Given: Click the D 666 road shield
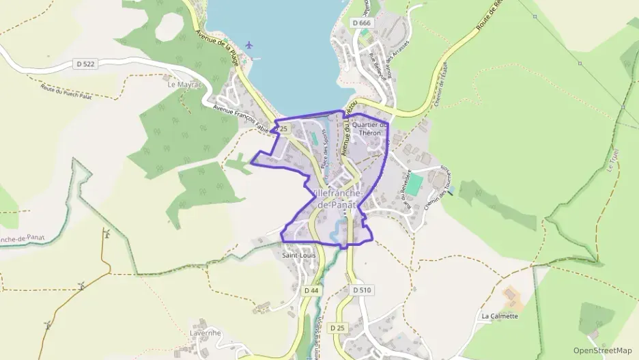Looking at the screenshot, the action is tap(362, 23).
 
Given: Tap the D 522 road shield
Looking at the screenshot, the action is tap(85, 64).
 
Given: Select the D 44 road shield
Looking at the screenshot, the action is tap(311, 290).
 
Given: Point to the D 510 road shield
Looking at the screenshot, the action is tap(363, 290).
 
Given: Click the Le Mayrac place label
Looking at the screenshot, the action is tap(182, 85).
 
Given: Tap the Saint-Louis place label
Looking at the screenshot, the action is tap(298, 256).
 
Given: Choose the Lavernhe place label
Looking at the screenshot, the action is tap(205, 333).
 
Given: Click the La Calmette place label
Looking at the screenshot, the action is tap(500, 316).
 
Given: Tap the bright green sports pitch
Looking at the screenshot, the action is tap(416, 182).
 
